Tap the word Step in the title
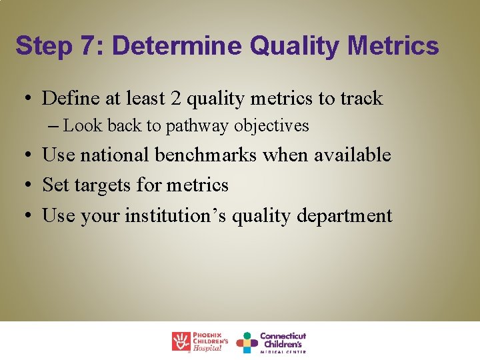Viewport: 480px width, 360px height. [43, 46]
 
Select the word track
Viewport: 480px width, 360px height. [361, 99]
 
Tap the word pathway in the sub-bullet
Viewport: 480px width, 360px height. [197, 126]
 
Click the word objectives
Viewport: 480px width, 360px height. [271, 126]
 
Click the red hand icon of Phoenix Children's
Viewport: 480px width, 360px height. [181, 341]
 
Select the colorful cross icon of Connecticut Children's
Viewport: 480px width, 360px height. [247, 342]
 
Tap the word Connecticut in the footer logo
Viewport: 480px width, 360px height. [283, 336]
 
